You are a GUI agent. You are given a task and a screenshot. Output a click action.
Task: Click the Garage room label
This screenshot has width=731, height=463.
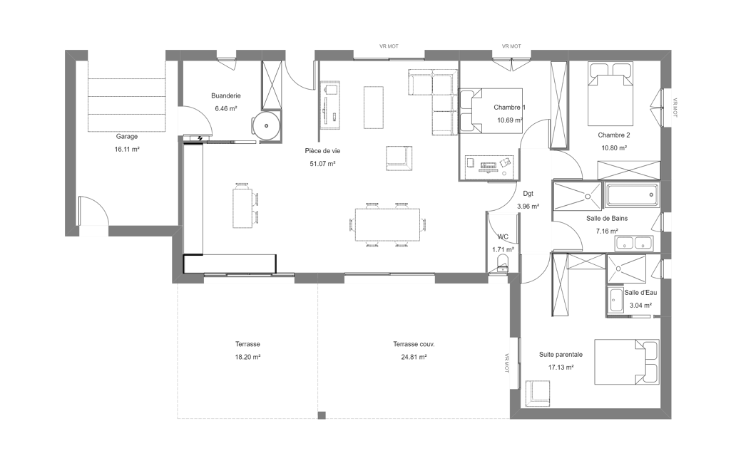127,137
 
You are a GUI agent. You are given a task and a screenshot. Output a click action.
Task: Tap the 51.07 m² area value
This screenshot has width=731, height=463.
322,164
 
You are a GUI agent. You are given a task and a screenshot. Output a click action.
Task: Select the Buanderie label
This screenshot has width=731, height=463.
226,96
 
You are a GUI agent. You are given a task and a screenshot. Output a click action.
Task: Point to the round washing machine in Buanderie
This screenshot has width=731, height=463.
266,126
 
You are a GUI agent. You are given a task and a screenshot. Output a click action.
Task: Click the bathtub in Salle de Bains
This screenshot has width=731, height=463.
632,194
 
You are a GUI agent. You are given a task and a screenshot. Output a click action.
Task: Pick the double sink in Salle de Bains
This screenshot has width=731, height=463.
635,243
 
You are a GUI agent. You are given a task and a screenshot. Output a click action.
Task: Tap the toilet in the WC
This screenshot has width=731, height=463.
503,264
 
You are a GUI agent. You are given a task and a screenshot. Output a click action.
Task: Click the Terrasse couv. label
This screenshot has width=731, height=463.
414,345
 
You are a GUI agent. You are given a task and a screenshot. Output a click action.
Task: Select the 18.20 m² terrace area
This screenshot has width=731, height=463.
247,358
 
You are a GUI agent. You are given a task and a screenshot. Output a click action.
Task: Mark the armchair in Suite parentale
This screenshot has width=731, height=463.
538,393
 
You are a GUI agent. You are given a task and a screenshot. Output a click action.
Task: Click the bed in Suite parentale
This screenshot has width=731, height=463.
627,362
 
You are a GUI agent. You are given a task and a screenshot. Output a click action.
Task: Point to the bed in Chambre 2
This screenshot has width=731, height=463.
610,94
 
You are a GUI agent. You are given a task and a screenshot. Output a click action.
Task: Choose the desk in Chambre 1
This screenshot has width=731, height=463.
489,167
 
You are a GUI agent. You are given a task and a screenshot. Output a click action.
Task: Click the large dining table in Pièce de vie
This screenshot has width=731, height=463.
387,224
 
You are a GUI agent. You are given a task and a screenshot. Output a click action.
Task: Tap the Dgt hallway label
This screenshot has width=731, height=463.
528,194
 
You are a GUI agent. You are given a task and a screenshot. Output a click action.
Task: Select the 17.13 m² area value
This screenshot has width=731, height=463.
561,368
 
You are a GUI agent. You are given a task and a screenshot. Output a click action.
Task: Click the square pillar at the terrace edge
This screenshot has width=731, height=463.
322,415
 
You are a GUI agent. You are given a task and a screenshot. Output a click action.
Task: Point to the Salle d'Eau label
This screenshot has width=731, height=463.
640,293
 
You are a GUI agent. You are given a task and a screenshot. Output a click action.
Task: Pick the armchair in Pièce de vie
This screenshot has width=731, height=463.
399,157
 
